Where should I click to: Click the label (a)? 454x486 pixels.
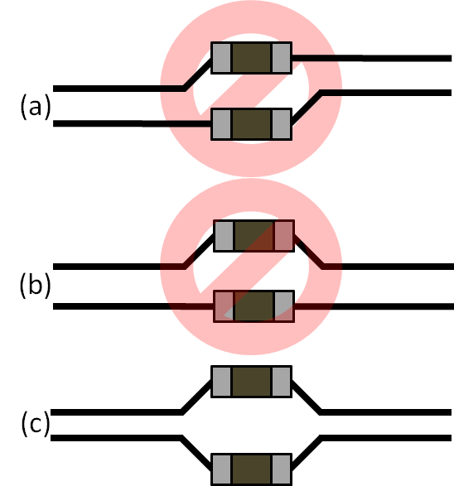(35, 106)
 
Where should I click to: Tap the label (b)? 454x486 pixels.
(35, 286)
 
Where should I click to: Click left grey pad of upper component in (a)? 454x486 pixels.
(221, 58)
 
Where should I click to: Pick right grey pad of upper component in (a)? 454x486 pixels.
(282, 58)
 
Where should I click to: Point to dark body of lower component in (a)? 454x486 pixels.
(252, 124)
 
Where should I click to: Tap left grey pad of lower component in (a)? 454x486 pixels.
(221, 124)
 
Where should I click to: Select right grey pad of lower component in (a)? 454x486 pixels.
(282, 124)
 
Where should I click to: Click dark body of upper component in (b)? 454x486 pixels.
(254, 236)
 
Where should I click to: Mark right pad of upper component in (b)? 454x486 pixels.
(284, 236)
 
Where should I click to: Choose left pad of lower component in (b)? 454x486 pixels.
(224, 306)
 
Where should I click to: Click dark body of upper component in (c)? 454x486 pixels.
(252, 382)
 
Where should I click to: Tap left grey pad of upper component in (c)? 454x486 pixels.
(221, 382)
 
